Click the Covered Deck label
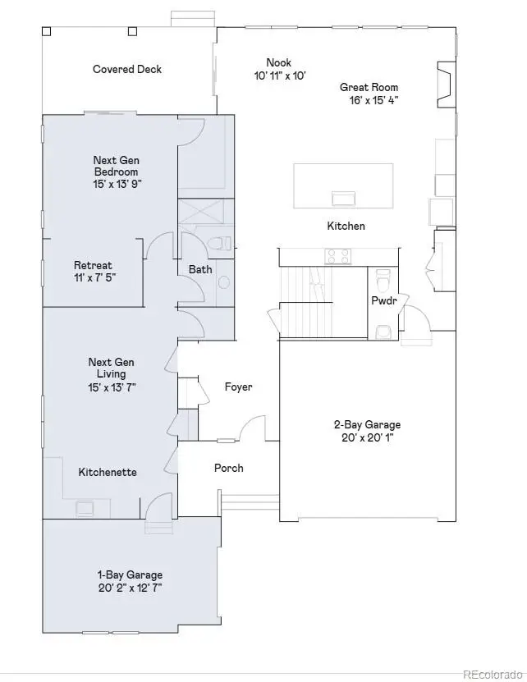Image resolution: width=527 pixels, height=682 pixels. [x=127, y=70]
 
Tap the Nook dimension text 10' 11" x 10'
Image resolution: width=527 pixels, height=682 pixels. [x=279, y=76]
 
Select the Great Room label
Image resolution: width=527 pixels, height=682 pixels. [x=369, y=88]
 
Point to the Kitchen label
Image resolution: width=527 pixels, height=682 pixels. [x=346, y=226]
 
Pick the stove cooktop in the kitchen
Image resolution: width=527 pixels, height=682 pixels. [x=338, y=257]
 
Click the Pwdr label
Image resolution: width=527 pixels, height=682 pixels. [x=383, y=300]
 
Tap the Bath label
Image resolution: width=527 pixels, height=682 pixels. [x=200, y=269]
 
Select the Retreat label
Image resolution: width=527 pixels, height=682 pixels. [x=93, y=266]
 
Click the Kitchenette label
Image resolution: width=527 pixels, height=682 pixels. [x=108, y=472]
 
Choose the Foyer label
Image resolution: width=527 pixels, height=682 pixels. [x=238, y=387]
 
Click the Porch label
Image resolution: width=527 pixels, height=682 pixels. [x=228, y=468]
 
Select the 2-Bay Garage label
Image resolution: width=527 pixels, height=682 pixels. [x=367, y=424]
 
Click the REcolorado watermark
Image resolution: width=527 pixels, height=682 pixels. [x=493, y=674]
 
